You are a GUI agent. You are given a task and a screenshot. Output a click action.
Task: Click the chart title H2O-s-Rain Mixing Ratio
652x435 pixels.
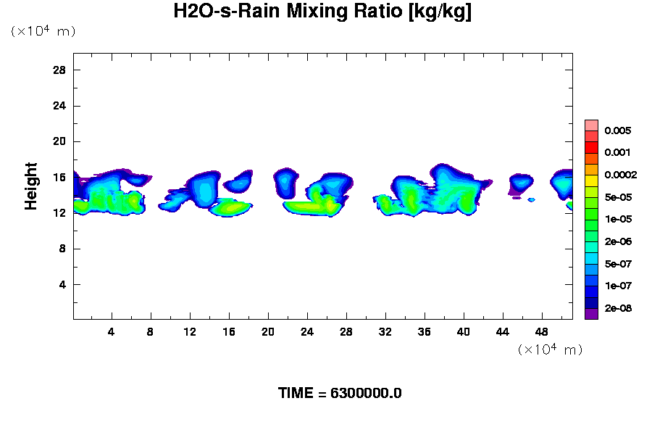[x=322, y=12]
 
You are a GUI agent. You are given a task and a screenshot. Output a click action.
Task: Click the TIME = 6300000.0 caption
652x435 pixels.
[x=340, y=394]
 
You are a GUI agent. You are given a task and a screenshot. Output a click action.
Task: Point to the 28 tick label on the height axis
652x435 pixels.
[x=59, y=70]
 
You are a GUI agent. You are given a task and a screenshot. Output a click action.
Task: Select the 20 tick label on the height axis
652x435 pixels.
[x=59, y=141]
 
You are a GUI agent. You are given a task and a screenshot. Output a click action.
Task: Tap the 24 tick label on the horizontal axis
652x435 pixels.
[x=307, y=332]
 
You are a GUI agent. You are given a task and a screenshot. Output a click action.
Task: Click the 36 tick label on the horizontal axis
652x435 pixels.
[x=425, y=332]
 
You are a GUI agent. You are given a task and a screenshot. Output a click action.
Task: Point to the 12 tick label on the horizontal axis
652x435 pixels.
[x=190, y=332]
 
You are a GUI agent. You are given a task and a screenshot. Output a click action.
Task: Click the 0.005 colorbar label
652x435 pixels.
[x=619, y=131]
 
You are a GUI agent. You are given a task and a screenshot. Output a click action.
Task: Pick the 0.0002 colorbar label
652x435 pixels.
[x=622, y=175]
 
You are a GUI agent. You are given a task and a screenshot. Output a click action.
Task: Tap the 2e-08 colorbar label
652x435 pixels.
[x=620, y=308]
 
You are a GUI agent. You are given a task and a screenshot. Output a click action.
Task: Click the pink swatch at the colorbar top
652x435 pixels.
[x=591, y=125]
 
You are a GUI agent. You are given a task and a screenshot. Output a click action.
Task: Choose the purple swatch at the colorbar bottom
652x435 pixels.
[x=591, y=314]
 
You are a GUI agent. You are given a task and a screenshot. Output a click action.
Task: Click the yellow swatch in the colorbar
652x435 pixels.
[x=591, y=181]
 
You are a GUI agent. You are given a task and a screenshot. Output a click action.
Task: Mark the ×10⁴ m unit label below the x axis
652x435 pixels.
[x=550, y=349]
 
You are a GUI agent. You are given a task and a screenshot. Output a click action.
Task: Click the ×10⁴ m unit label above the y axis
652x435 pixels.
[x=43, y=31]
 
